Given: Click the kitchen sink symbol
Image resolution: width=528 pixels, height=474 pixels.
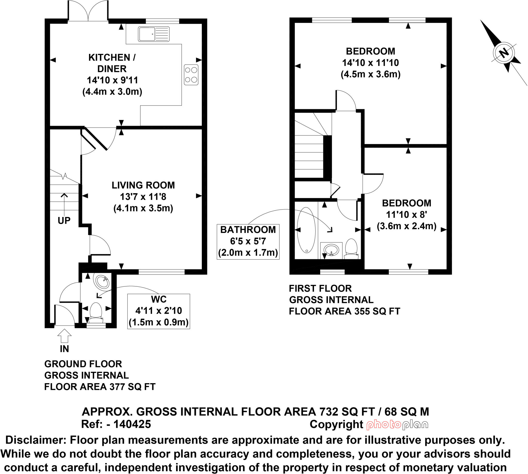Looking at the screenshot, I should tap(154, 34).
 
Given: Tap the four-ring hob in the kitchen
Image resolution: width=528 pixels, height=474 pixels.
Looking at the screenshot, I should tap(191, 75).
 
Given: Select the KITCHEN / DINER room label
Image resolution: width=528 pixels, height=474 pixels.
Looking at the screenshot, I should tap(112, 63).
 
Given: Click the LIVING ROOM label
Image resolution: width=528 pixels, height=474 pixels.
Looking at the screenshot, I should tap(143, 185).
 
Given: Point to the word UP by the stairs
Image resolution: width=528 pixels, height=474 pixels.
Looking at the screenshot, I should tap(64, 221).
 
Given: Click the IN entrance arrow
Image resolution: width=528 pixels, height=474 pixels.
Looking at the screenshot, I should tap(64, 336).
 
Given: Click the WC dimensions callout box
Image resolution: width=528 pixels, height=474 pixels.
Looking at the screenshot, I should tap(159, 311).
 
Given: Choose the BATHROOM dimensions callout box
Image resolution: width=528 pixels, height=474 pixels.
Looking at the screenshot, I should tap(248, 242).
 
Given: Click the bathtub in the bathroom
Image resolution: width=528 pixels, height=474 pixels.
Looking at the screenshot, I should tap(306, 230).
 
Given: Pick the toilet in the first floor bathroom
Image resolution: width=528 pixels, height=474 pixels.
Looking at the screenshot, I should tap(351, 248).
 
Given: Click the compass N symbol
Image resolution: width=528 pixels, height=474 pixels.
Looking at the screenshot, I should tap(504, 53).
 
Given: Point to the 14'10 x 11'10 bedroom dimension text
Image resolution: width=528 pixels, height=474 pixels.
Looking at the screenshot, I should tap(370, 63).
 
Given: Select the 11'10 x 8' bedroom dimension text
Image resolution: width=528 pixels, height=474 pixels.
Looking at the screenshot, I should tap(406, 215).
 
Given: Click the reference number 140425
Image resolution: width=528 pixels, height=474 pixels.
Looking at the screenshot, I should tap(132, 424).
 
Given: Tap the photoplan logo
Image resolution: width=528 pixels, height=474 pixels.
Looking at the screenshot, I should tap(397, 425).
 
